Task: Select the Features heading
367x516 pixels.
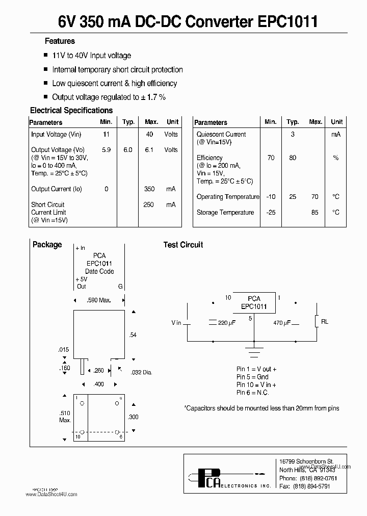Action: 60,41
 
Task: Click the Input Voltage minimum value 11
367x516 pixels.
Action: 106,135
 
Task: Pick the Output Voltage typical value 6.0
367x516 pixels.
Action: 127,150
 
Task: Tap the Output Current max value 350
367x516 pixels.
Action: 149,189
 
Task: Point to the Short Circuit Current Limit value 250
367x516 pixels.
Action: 149,204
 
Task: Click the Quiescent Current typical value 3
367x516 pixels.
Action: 293,135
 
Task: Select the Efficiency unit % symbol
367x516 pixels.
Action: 336,158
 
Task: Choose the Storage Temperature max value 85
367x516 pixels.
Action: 315,213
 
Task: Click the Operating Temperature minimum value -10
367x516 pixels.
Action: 271,197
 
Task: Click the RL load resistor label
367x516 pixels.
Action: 325,322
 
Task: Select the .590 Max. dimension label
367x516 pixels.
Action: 99,301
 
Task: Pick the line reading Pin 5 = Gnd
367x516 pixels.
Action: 252,377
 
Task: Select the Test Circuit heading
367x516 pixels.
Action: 183,245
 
